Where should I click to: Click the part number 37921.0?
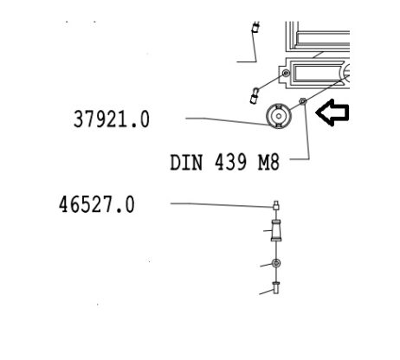pos(112,119)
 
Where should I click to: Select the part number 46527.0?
pos(97,204)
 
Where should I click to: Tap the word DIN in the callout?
pos(186,163)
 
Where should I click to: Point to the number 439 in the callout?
pos(230,162)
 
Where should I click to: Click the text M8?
pos(268,162)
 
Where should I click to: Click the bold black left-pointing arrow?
pos(332,112)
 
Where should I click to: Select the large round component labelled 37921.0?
pos(279,116)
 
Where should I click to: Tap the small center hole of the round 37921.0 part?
pos(279,116)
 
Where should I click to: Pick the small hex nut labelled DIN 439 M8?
pos(302,101)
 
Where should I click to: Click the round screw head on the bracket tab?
pos(286,73)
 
